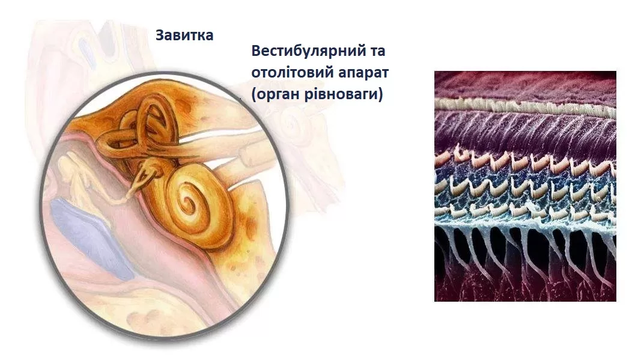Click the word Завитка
[184, 35]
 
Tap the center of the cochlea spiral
[187, 200]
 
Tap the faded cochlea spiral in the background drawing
[290, 121]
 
